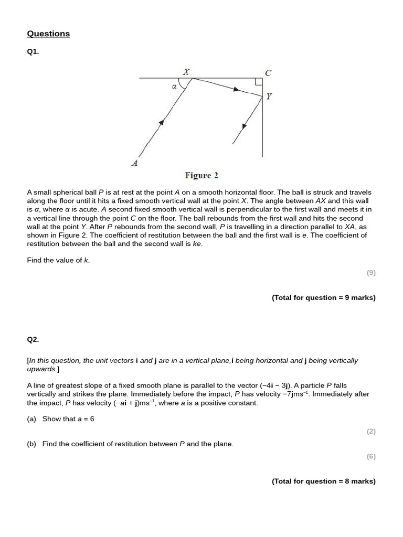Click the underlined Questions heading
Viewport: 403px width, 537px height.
pyautogui.click(x=48, y=34)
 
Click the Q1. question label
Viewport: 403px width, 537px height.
pyautogui.click(x=33, y=52)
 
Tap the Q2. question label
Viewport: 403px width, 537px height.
pyautogui.click(x=33, y=339)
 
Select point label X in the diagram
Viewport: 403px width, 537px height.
pyautogui.click(x=186, y=71)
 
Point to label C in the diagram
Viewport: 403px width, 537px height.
pyautogui.click(x=268, y=73)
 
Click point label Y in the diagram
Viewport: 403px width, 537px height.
pyautogui.click(x=269, y=96)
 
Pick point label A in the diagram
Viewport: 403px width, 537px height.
pyautogui.click(x=135, y=163)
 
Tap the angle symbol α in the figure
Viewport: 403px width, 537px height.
pyautogui.click(x=174, y=87)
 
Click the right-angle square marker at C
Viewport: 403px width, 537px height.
pyautogui.click(x=259, y=81)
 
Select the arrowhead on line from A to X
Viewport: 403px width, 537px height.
pyautogui.click(x=162, y=122)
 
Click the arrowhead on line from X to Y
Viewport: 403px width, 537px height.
pyautogui.click(x=236, y=90)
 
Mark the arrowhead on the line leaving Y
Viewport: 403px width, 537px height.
pyautogui.click(x=245, y=126)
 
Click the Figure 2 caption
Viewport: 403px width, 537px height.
pyautogui.click(x=201, y=175)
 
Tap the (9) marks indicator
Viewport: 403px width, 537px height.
pyautogui.click(x=370, y=273)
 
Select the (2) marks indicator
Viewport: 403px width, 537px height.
pyautogui.click(x=370, y=432)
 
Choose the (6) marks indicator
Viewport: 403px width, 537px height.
pyautogui.click(x=370, y=456)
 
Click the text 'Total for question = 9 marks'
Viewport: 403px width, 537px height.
pyautogui.click(x=323, y=297)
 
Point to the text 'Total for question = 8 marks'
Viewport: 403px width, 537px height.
pyautogui.click(x=323, y=481)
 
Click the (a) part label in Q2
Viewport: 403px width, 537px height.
pyautogui.click(x=31, y=419)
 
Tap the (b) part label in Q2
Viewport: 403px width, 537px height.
pyautogui.click(x=31, y=444)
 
